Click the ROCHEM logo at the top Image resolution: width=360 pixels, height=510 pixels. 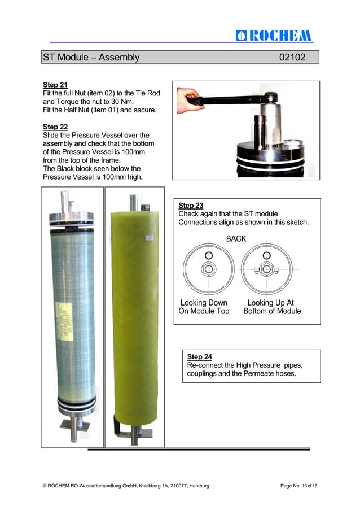point(273,35)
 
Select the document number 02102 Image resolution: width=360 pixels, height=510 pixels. point(292,57)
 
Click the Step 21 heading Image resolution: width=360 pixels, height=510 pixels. point(55,85)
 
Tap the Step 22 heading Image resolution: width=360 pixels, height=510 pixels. point(55,127)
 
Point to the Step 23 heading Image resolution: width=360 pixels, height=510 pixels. point(191,205)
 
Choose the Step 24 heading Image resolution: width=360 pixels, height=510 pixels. point(200,357)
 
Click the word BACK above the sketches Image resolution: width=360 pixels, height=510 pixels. point(236,239)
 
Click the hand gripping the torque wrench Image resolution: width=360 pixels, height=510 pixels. point(188,99)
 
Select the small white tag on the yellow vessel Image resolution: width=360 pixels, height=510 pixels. point(149,238)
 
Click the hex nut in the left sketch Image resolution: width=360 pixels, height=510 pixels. point(208,269)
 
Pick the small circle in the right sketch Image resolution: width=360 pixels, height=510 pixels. point(266,255)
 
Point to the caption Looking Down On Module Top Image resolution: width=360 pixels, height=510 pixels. point(204,307)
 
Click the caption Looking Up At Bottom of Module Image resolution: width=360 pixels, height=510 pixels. point(272,307)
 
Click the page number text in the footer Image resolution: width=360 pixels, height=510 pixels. point(298,486)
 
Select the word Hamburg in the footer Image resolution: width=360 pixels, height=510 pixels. point(199,486)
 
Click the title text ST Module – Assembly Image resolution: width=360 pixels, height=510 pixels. point(91,57)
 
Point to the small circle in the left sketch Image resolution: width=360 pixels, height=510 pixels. point(209,255)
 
